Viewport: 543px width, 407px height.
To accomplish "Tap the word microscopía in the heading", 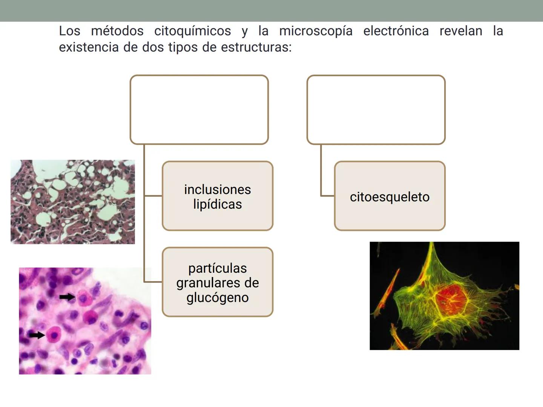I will click(x=316, y=31).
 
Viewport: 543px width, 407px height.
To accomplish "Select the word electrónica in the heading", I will click(x=396, y=31).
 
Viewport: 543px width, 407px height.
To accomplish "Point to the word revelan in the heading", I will click(x=461, y=31).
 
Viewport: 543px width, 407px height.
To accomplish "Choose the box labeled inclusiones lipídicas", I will click(x=218, y=196).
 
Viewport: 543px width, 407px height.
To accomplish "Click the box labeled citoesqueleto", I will click(x=390, y=196).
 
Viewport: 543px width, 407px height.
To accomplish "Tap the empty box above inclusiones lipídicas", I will click(x=199, y=110).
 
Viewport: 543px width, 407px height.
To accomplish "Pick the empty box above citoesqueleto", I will click(x=376, y=110).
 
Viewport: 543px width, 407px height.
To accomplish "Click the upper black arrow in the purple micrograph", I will click(x=67, y=297).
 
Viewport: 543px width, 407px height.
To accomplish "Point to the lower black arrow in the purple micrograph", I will click(x=37, y=335).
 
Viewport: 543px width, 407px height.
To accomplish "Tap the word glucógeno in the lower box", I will click(x=218, y=298).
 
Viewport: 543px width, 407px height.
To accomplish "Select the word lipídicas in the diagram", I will click(x=218, y=204).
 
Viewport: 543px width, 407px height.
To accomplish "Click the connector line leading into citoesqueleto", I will click(x=327, y=196).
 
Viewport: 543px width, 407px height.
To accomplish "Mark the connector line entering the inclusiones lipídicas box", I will click(x=153, y=196).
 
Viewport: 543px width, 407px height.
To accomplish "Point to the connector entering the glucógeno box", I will click(x=153, y=282).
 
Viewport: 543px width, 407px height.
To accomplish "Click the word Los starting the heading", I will click(x=70, y=31).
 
